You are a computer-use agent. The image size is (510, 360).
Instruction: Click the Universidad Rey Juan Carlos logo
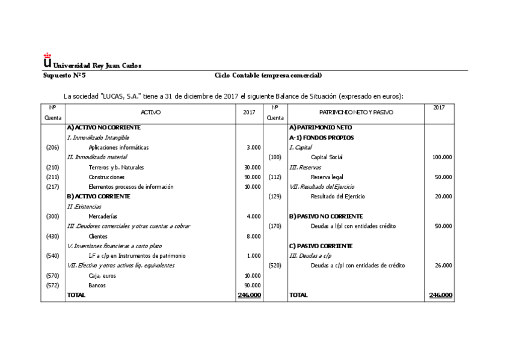click(48, 60)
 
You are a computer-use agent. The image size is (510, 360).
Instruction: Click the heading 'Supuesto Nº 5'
click(64, 75)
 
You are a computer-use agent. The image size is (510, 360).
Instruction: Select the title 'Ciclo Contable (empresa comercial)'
click(268, 75)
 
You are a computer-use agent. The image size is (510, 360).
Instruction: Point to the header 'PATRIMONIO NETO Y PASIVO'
click(356, 112)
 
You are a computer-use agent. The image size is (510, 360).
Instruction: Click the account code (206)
click(52, 147)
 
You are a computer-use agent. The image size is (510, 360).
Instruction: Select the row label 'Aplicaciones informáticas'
click(118, 147)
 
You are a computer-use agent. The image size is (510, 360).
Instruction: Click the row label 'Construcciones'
click(106, 177)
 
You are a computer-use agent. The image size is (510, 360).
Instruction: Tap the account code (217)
click(52, 187)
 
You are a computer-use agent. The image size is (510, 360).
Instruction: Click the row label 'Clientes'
click(99, 236)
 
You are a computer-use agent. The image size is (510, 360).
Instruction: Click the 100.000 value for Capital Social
click(442, 157)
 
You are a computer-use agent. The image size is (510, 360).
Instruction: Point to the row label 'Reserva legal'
click(327, 177)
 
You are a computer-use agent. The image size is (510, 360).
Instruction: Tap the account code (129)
click(275, 197)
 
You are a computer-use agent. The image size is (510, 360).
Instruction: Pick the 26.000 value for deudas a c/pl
click(443, 266)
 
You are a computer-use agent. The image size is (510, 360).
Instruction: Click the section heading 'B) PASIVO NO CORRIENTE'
click(325, 216)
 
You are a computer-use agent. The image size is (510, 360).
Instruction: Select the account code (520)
click(275, 266)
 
